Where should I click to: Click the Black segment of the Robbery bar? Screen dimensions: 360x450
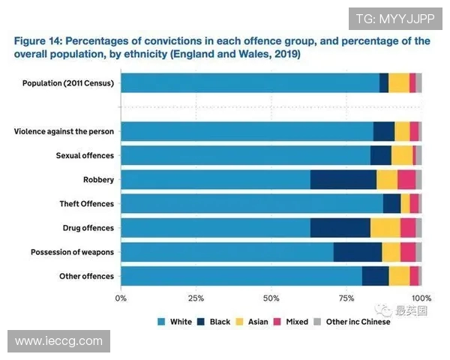(x=343, y=180)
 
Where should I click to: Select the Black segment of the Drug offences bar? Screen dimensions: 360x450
(x=340, y=228)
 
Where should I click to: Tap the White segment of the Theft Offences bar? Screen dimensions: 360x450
(x=251, y=204)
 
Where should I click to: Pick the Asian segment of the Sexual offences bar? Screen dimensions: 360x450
(x=402, y=155)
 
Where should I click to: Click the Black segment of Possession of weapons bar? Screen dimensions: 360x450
(x=357, y=252)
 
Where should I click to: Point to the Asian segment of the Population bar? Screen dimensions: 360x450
(x=398, y=83)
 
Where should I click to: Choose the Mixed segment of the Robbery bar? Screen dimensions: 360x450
(x=406, y=180)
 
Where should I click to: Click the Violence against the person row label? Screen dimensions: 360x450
(x=64, y=132)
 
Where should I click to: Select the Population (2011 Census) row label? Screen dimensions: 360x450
(x=69, y=83)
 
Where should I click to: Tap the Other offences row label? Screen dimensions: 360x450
(x=86, y=277)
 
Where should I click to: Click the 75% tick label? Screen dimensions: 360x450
(x=346, y=298)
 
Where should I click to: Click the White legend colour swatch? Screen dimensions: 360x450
(x=160, y=322)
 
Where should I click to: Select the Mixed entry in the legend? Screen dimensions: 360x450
(x=290, y=322)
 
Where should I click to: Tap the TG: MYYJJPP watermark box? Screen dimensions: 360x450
(x=394, y=18)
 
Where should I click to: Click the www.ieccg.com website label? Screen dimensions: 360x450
(x=58, y=341)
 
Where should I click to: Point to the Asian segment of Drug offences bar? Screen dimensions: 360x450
(x=385, y=228)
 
